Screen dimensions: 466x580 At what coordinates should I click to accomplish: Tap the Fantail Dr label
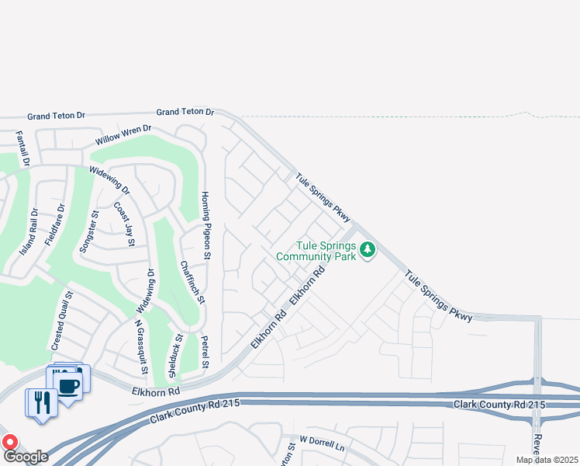point(23,148)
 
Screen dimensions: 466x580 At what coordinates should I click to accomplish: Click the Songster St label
point(86,231)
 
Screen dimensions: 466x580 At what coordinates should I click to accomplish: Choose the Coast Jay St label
point(125,224)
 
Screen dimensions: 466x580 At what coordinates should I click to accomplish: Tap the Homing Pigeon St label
point(207,224)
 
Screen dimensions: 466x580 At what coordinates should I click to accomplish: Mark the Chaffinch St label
point(193,281)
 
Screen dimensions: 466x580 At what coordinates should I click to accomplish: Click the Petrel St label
point(205,353)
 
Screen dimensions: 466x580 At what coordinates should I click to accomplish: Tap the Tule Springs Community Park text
point(316,251)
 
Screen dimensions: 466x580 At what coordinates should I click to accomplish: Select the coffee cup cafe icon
point(68,384)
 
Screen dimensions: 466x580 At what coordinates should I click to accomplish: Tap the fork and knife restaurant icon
point(43,402)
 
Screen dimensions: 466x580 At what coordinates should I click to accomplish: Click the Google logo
point(25,457)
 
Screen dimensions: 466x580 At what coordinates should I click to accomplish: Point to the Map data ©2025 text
point(547,460)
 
